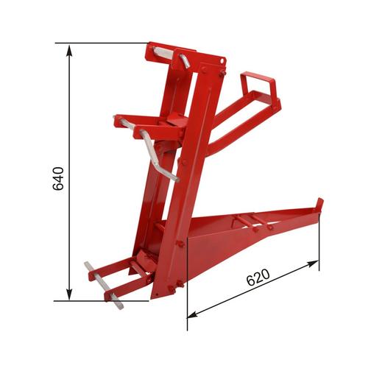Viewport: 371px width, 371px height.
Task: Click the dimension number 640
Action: (x=58, y=179)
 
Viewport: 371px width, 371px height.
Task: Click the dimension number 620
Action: (x=258, y=278)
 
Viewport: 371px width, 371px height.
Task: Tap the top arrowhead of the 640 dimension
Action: (x=69, y=50)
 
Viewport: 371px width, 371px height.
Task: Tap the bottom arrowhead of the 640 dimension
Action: (x=69, y=294)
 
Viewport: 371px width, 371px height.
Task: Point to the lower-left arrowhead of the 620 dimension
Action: (x=193, y=314)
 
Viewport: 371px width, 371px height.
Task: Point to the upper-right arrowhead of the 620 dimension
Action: (x=313, y=264)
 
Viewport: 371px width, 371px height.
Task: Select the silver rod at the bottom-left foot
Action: (x=104, y=286)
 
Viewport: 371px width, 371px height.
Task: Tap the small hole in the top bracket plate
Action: (x=222, y=60)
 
